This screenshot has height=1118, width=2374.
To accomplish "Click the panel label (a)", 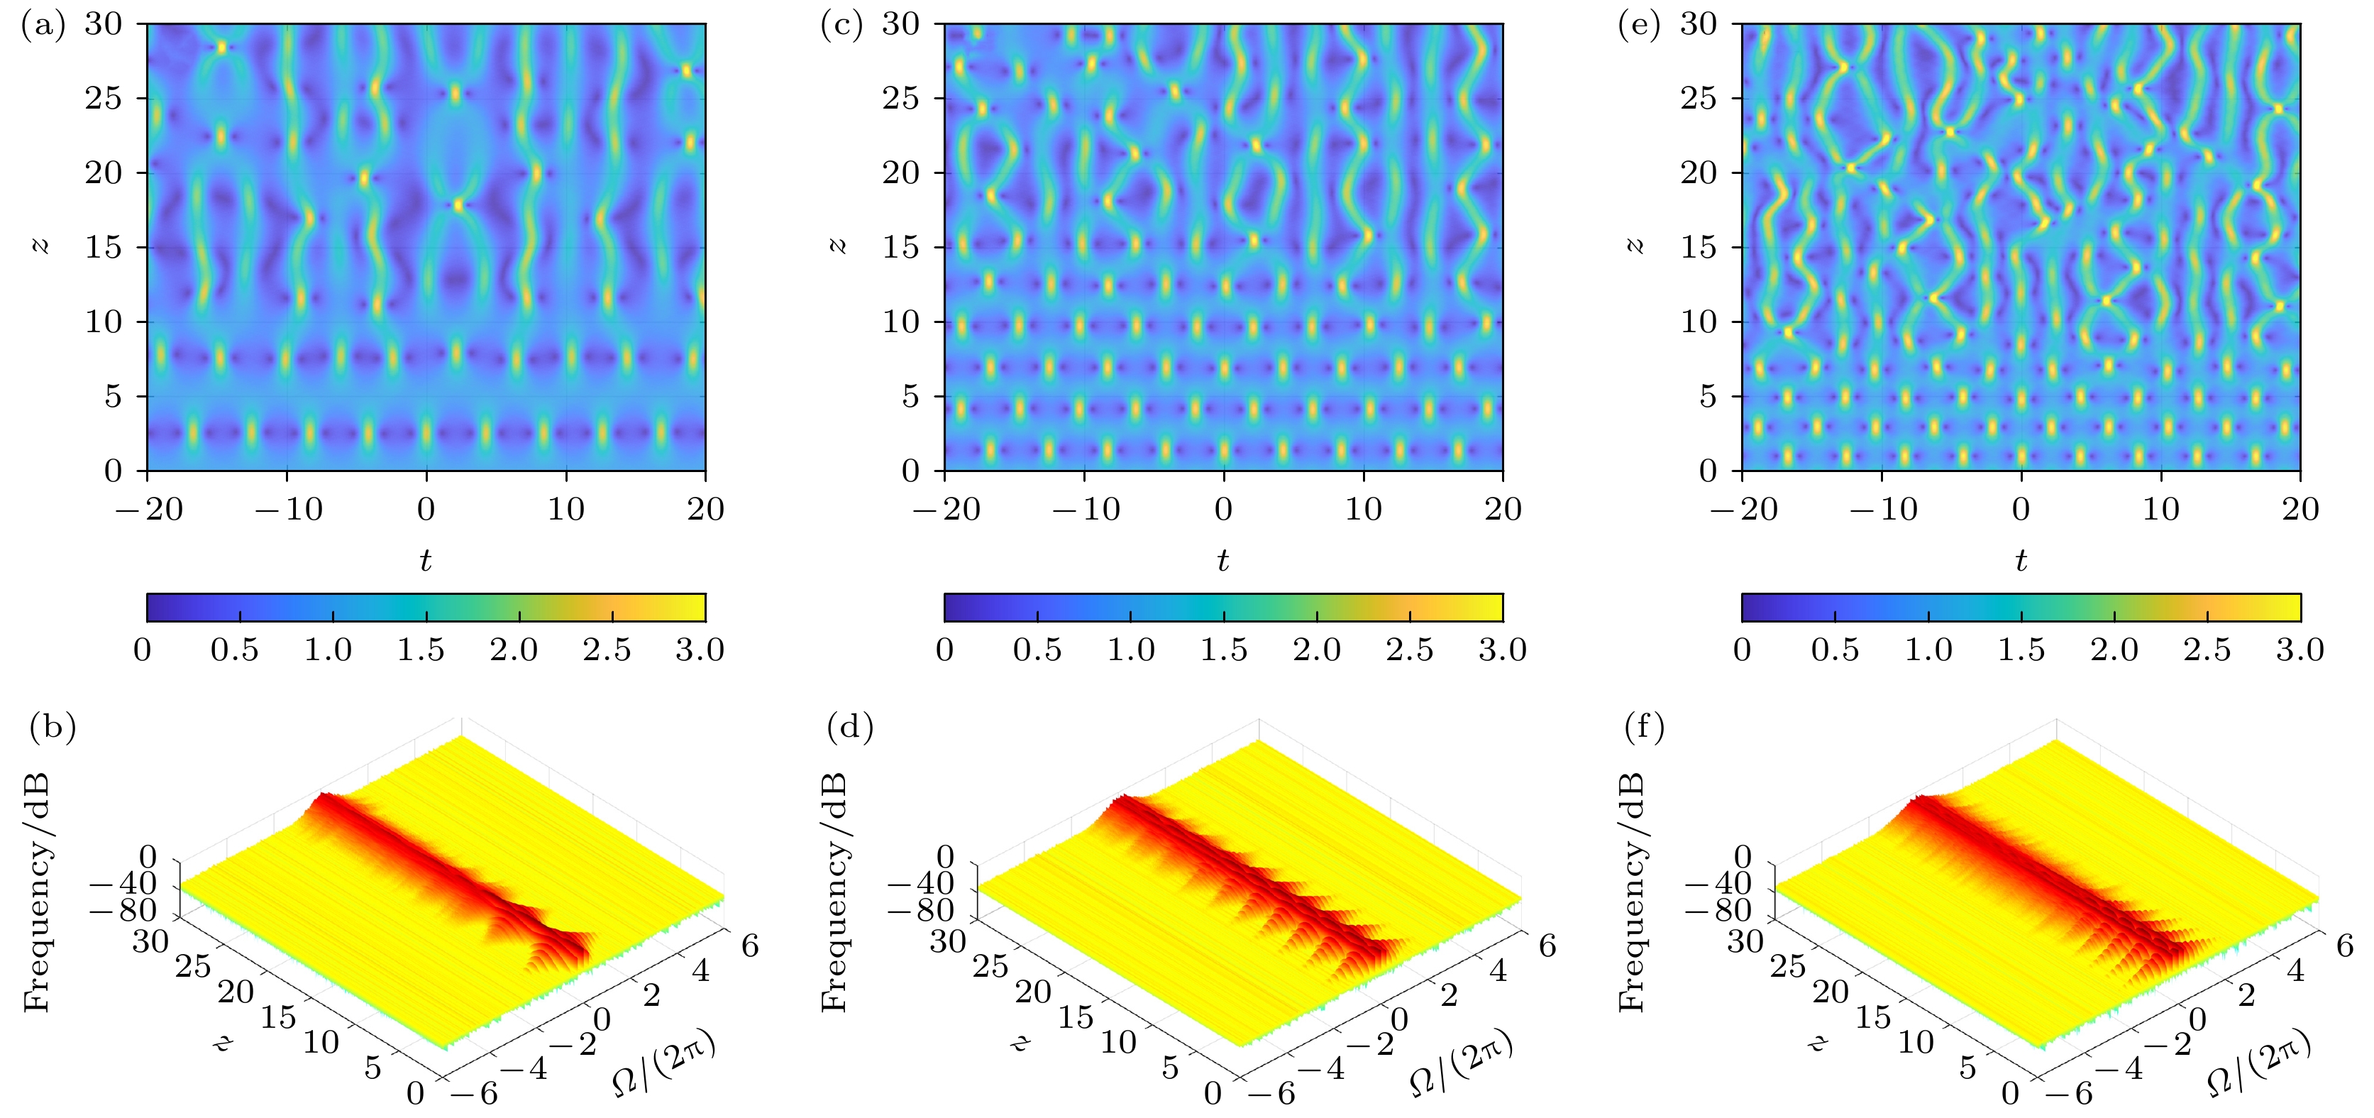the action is tap(43, 26).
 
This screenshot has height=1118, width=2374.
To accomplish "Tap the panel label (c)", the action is tap(841, 26).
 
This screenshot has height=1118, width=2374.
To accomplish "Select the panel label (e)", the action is tap(1640, 26).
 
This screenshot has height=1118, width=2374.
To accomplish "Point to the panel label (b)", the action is tap(53, 728).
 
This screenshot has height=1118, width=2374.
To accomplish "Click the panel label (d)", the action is tap(851, 728).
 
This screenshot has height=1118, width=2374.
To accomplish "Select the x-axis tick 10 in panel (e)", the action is tap(2161, 509).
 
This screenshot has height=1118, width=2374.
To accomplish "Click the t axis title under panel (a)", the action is tap(426, 559).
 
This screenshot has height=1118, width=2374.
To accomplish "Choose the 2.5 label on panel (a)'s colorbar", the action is tap(607, 650).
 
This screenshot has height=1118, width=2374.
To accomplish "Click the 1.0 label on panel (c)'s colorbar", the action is tap(1131, 650).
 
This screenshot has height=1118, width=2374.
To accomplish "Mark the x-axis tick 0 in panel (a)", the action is tap(426, 509).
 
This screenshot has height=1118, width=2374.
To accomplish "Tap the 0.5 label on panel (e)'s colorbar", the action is tap(1835, 650).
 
